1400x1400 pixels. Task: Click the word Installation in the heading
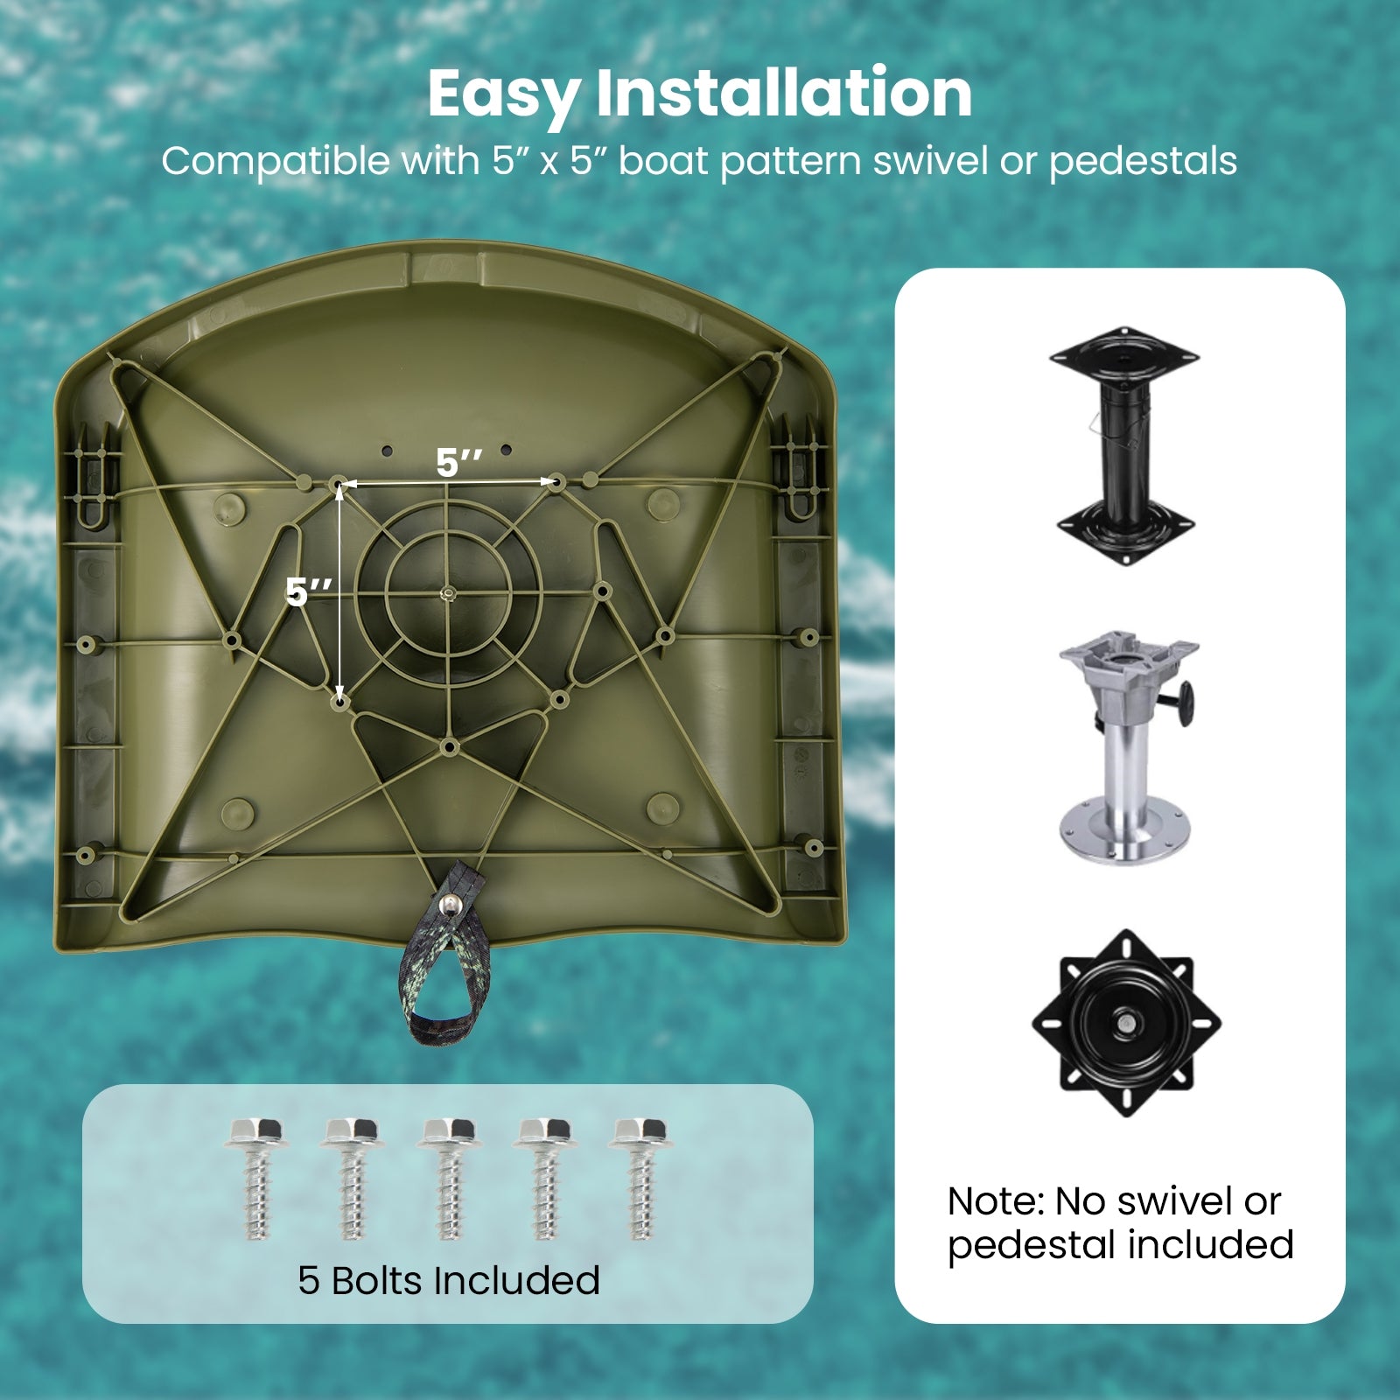[784, 92]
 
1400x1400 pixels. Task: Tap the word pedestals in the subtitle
[1143, 162]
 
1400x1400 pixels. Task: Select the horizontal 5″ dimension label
[459, 463]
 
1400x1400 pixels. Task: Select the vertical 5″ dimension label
[309, 592]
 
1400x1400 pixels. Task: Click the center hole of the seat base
[447, 594]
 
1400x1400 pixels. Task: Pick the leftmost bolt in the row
[255, 1178]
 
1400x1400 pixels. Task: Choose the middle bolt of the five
[448, 1178]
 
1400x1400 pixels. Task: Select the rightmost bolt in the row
[640, 1178]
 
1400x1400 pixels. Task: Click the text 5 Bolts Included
[449, 1280]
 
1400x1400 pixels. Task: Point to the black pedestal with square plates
[1124, 446]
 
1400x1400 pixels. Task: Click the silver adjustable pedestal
[1127, 748]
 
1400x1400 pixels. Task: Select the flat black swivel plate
[1127, 1023]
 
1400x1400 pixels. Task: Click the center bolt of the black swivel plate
[1127, 1022]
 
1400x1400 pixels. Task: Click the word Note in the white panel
[996, 1202]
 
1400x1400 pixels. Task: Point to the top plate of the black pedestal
[1124, 355]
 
